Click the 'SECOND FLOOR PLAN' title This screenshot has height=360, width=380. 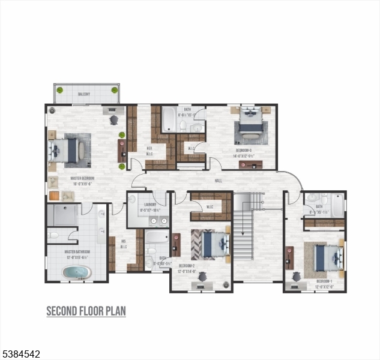(x=86, y=311)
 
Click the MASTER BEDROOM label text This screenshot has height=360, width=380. (x=85, y=181)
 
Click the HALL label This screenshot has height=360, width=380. (x=219, y=179)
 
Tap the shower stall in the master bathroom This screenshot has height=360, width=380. (x=62, y=215)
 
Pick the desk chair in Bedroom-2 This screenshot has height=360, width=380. (x=203, y=277)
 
